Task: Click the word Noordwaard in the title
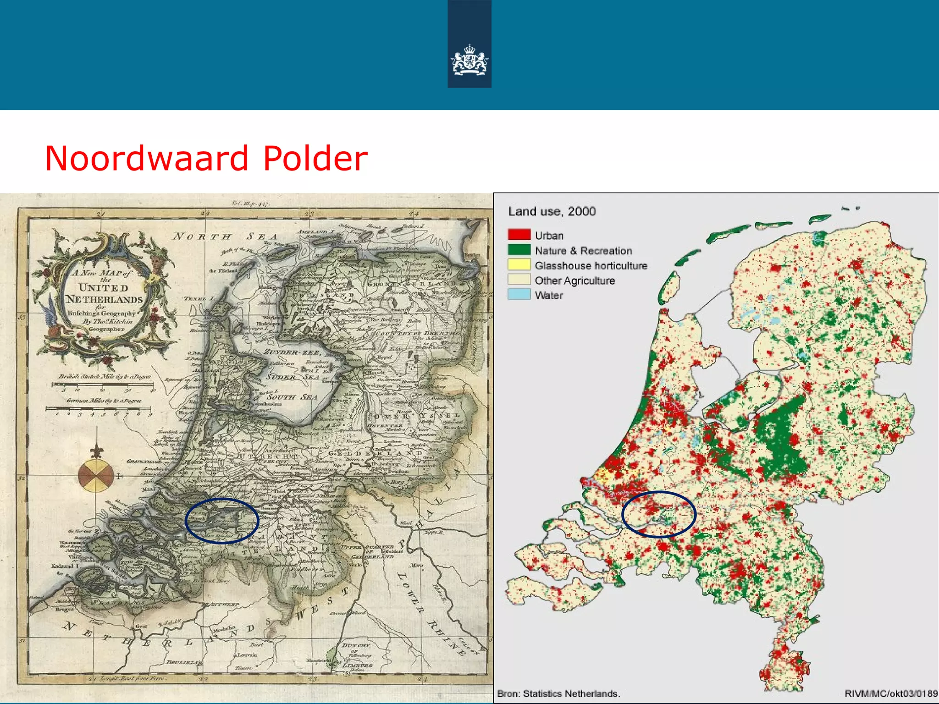click(147, 158)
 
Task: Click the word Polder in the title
click(315, 158)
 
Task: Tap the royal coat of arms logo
click(469, 60)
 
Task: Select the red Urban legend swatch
click(519, 235)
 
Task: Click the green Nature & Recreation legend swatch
click(519, 250)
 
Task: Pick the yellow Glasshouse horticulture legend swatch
click(519, 265)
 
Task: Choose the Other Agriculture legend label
click(574, 280)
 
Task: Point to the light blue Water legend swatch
click(519, 295)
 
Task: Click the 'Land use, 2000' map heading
click(552, 211)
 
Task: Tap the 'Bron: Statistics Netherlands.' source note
click(558, 694)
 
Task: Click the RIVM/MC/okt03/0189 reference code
click(891, 694)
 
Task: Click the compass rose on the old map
click(96, 474)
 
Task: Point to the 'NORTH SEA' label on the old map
click(225, 236)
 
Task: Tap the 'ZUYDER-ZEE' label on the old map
click(292, 352)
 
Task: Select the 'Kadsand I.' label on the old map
click(65, 566)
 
